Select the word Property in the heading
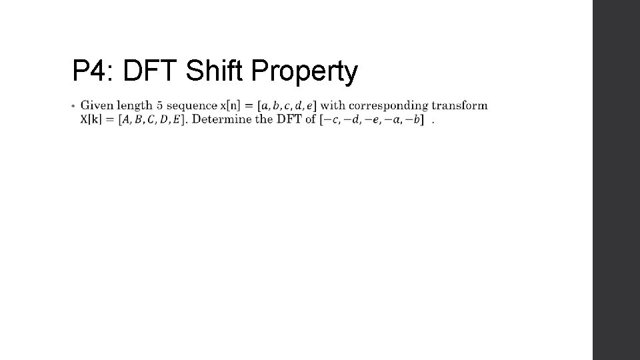[x=306, y=73]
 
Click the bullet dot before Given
[x=73, y=105]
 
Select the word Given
[x=96, y=105]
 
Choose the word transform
[x=459, y=105]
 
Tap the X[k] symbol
[x=91, y=119]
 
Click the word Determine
[x=220, y=119]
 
